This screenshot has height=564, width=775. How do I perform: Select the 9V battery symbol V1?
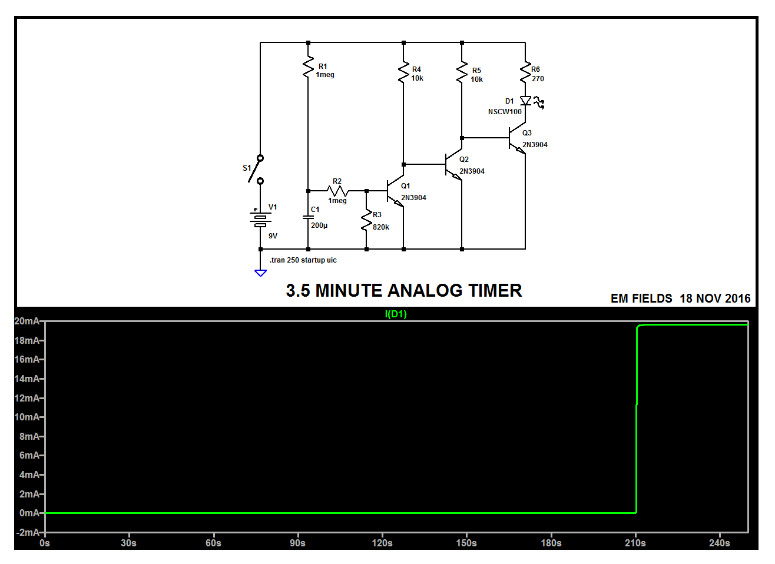coord(260,220)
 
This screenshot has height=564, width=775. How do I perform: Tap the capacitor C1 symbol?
coord(308,217)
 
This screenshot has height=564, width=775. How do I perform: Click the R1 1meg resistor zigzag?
coord(308,67)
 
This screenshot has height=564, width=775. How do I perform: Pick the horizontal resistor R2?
coord(337,191)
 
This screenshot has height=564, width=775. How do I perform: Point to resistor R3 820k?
coord(366,220)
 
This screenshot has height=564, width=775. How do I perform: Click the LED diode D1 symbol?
coord(525,101)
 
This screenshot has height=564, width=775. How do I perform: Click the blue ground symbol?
coord(260,273)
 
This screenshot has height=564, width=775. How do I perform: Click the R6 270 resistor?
coord(525,72)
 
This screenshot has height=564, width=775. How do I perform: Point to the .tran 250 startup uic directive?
coord(303,260)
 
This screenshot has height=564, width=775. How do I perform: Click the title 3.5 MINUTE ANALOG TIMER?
coord(404,291)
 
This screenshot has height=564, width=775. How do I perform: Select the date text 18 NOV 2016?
coord(715,298)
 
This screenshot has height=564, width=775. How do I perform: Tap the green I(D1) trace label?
coord(396,314)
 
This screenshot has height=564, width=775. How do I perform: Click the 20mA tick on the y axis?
coord(28,321)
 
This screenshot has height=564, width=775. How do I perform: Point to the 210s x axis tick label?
coord(635,543)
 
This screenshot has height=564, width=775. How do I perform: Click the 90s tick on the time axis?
coord(297,543)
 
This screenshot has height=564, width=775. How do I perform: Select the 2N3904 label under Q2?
coord(472,171)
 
